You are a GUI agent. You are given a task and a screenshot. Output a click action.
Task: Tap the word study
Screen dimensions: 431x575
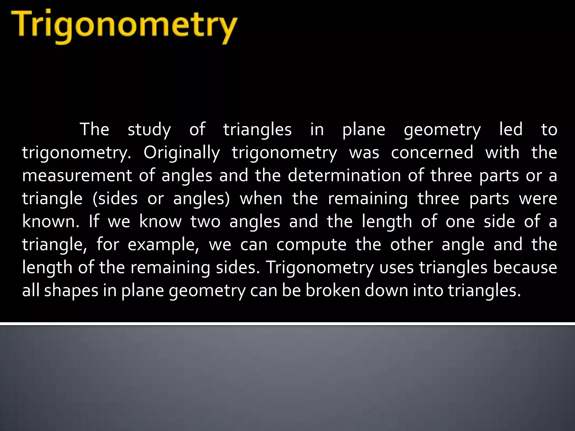coord(149,130)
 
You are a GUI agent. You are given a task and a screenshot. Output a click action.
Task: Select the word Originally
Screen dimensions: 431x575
coord(181,153)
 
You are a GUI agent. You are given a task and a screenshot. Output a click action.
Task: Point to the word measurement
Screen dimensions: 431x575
coord(77,176)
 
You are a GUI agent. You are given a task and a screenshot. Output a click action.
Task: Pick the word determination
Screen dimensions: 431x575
coord(344,176)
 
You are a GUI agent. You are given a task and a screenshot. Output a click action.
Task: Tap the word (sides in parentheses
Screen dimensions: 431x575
coord(115,199)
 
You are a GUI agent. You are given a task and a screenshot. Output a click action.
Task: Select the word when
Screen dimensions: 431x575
coord(261,199)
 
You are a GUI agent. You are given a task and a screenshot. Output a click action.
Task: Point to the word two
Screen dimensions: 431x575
coord(205,222)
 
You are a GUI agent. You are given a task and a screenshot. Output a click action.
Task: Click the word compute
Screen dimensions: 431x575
coord(311,245)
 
